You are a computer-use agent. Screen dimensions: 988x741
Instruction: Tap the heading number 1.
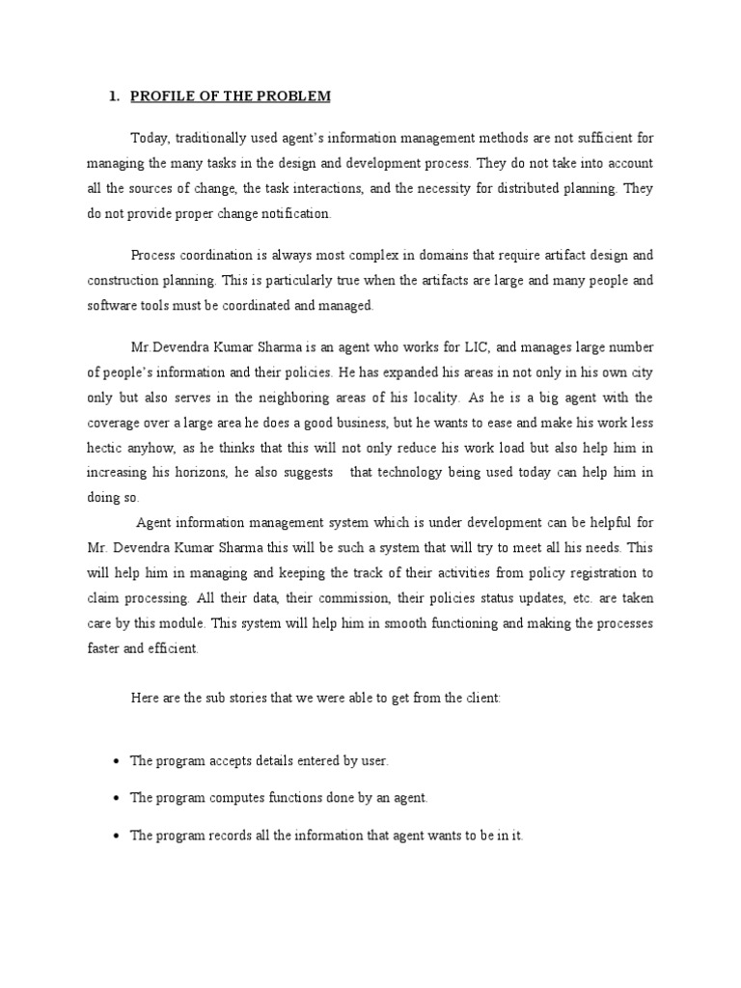[x=112, y=96]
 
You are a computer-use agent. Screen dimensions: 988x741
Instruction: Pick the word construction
[x=124, y=281]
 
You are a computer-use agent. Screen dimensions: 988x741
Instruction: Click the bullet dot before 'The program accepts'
[x=116, y=762]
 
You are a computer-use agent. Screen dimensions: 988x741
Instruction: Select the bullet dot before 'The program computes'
[x=116, y=799]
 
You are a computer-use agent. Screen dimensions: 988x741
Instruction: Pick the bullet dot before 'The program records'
[x=116, y=837]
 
